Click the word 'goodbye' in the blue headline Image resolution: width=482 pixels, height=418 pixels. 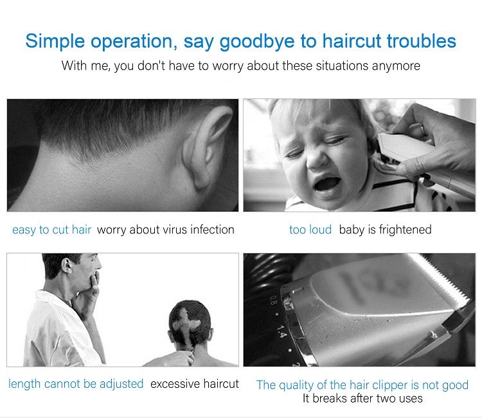click(x=256, y=42)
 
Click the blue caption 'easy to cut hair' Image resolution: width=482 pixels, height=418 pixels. click(x=51, y=230)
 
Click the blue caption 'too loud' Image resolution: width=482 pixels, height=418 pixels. click(x=310, y=230)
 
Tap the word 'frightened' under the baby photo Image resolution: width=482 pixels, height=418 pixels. click(x=405, y=230)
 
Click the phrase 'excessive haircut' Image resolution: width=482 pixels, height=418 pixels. click(x=195, y=384)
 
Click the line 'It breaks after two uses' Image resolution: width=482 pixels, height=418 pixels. click(x=362, y=398)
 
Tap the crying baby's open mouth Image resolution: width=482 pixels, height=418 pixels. click(x=326, y=184)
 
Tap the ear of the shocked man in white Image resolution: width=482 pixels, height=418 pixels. click(x=67, y=266)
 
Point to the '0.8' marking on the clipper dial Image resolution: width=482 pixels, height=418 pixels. click(x=273, y=300)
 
